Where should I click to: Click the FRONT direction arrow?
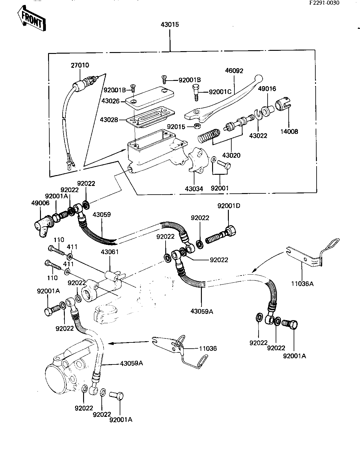tap(32, 19)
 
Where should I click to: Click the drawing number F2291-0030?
tap(324, 3)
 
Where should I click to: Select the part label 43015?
tap(170, 25)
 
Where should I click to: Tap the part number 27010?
tap(80, 65)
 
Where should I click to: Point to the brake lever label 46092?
tap(234, 71)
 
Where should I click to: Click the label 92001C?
tap(220, 92)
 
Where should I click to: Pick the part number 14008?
tap(289, 131)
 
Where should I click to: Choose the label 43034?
tap(194, 188)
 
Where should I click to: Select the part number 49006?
tap(40, 203)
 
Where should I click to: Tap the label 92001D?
tap(229, 206)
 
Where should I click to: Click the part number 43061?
tap(110, 252)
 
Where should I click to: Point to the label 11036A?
tap(302, 284)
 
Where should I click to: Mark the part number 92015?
tap(176, 127)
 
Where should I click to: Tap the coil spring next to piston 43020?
tap(209, 136)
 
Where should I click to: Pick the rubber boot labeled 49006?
tap(43, 227)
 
